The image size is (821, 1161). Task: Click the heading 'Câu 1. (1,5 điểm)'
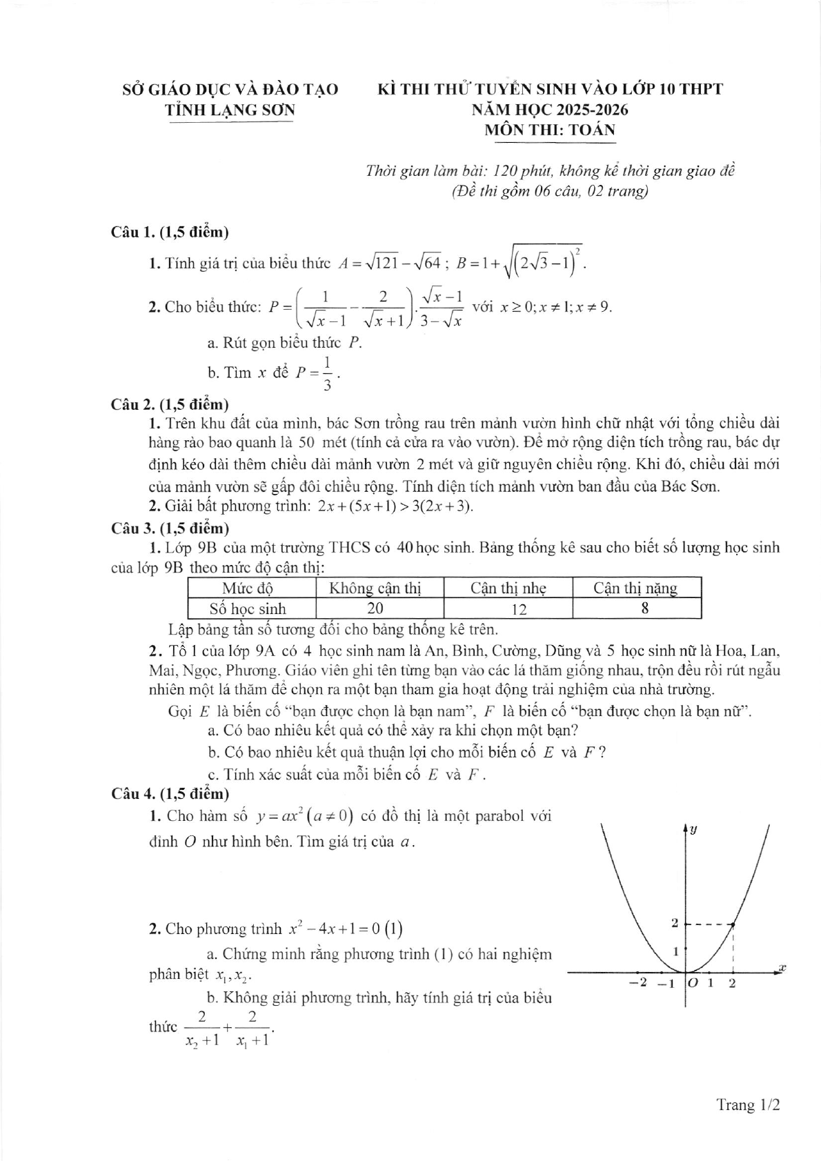(x=170, y=232)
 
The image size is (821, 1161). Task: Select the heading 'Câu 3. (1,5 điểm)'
(x=170, y=528)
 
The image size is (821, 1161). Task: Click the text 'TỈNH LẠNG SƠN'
(x=230, y=110)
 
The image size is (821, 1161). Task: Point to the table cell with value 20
(x=376, y=608)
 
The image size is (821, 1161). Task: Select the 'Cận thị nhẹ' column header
(x=508, y=588)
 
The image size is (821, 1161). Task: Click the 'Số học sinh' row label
(x=248, y=608)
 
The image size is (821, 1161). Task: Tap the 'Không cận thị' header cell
(x=375, y=588)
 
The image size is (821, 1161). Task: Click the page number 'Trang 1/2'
(x=748, y=1104)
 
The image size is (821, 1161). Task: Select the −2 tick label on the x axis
(x=638, y=982)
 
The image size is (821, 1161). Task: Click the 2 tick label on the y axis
(x=675, y=922)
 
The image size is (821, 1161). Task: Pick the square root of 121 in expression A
(x=375, y=264)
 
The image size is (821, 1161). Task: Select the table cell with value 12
(x=520, y=608)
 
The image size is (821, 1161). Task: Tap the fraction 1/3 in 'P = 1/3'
(x=326, y=373)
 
